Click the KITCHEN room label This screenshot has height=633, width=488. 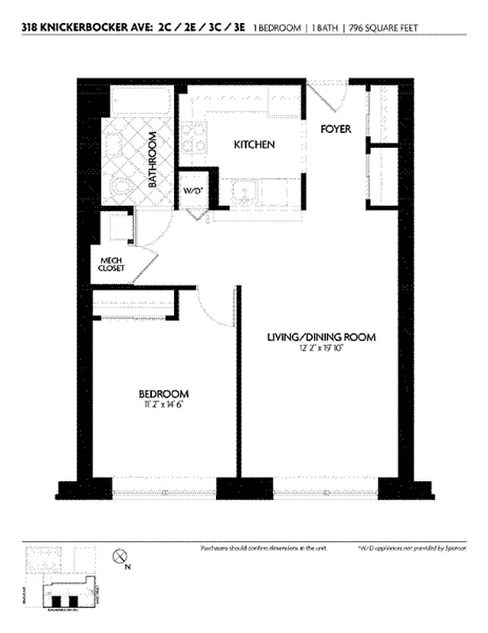point(253,145)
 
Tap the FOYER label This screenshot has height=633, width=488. point(336,129)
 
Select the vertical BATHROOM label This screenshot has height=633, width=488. point(153,161)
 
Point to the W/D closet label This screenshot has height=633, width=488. point(192,191)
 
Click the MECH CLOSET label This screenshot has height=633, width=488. point(112,263)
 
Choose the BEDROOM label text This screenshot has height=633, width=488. point(164,394)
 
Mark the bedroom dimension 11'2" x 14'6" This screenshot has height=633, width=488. point(164,405)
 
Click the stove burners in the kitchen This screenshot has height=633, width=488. point(192,139)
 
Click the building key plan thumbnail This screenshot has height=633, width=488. point(63,586)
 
